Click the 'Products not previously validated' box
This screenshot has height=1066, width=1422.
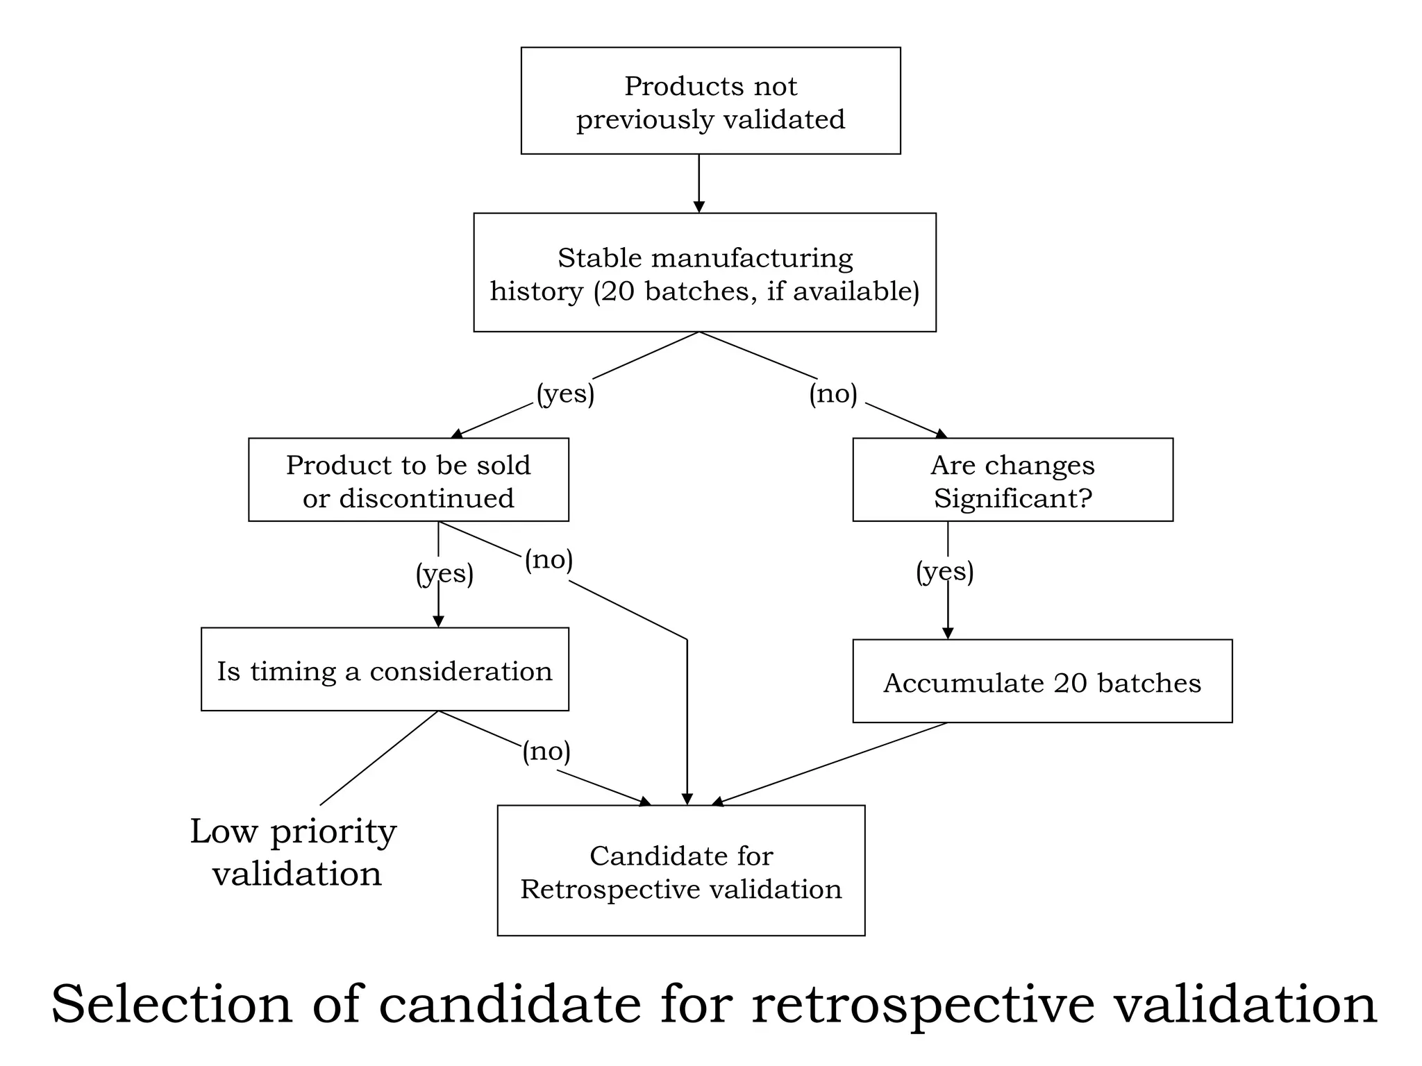point(710,101)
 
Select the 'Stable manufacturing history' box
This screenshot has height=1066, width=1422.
point(705,273)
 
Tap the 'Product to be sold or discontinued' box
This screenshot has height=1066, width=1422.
point(408,480)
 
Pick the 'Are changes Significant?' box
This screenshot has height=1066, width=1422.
point(1012,480)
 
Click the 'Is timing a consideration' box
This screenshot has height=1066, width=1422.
point(385,670)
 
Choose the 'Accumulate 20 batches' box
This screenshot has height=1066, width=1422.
point(1042,682)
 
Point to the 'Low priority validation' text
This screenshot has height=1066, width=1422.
point(294,852)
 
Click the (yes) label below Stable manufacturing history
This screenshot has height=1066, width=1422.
point(565,394)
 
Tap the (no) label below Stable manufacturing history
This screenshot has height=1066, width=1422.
point(833,394)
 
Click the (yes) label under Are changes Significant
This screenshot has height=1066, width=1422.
point(944,571)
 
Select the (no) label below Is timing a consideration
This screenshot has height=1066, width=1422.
point(546,751)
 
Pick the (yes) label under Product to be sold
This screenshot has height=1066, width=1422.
point(444,574)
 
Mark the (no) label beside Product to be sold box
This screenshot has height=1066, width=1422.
point(549,559)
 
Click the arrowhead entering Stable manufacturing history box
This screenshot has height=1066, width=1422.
point(699,207)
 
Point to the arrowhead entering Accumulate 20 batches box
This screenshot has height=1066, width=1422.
point(948,633)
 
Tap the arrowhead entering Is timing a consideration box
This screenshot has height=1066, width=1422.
point(438,621)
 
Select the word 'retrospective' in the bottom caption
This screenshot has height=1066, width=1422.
point(923,1004)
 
